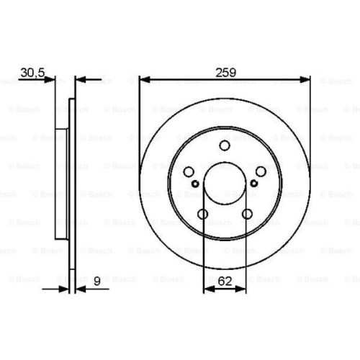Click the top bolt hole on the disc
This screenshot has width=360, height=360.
(225, 147)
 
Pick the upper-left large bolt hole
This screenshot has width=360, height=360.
(189, 172)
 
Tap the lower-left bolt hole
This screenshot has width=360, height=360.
(202, 214)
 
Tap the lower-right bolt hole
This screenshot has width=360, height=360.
(247, 214)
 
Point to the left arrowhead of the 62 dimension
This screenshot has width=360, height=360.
(208, 289)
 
